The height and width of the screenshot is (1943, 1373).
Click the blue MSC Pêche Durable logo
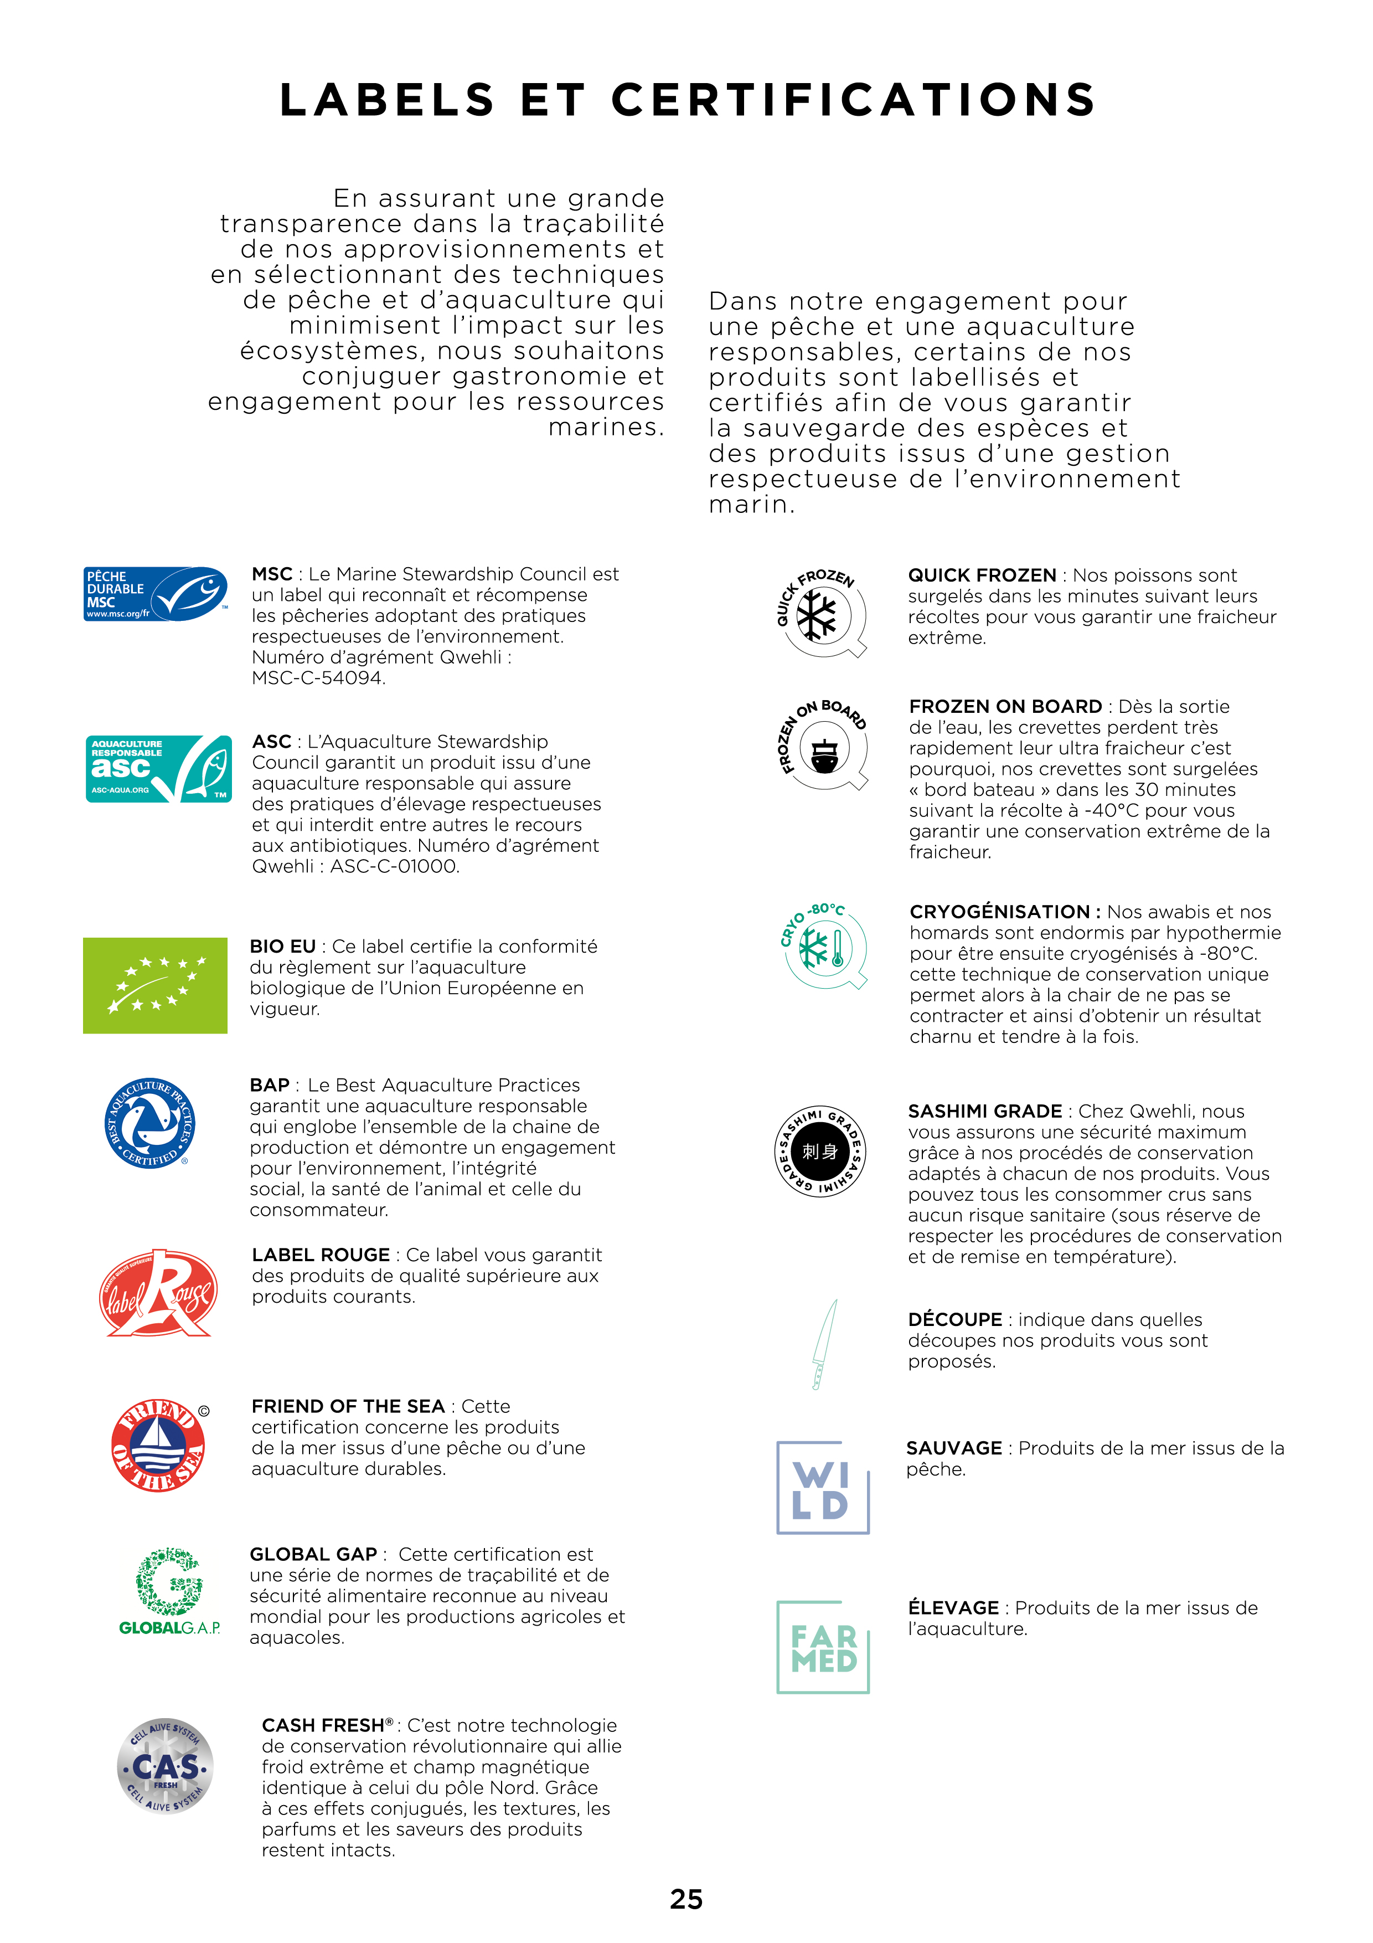pyautogui.click(x=156, y=594)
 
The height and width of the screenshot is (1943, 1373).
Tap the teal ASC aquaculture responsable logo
pyautogui.click(x=158, y=768)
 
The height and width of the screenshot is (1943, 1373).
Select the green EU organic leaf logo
pyautogui.click(x=155, y=985)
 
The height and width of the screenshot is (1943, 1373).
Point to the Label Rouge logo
pyautogui.click(x=157, y=1293)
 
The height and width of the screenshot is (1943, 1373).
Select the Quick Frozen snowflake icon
pyautogui.click(x=820, y=613)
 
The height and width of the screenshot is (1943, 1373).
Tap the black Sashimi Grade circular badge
pyautogui.click(x=820, y=1151)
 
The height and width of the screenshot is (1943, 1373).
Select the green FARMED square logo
pyautogui.click(x=822, y=1647)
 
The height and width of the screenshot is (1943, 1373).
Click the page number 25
pyautogui.click(x=686, y=1900)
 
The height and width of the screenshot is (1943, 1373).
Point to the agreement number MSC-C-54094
pyautogui.click(x=318, y=678)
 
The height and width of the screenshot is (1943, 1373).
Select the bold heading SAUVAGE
pyautogui.click(x=953, y=1448)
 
